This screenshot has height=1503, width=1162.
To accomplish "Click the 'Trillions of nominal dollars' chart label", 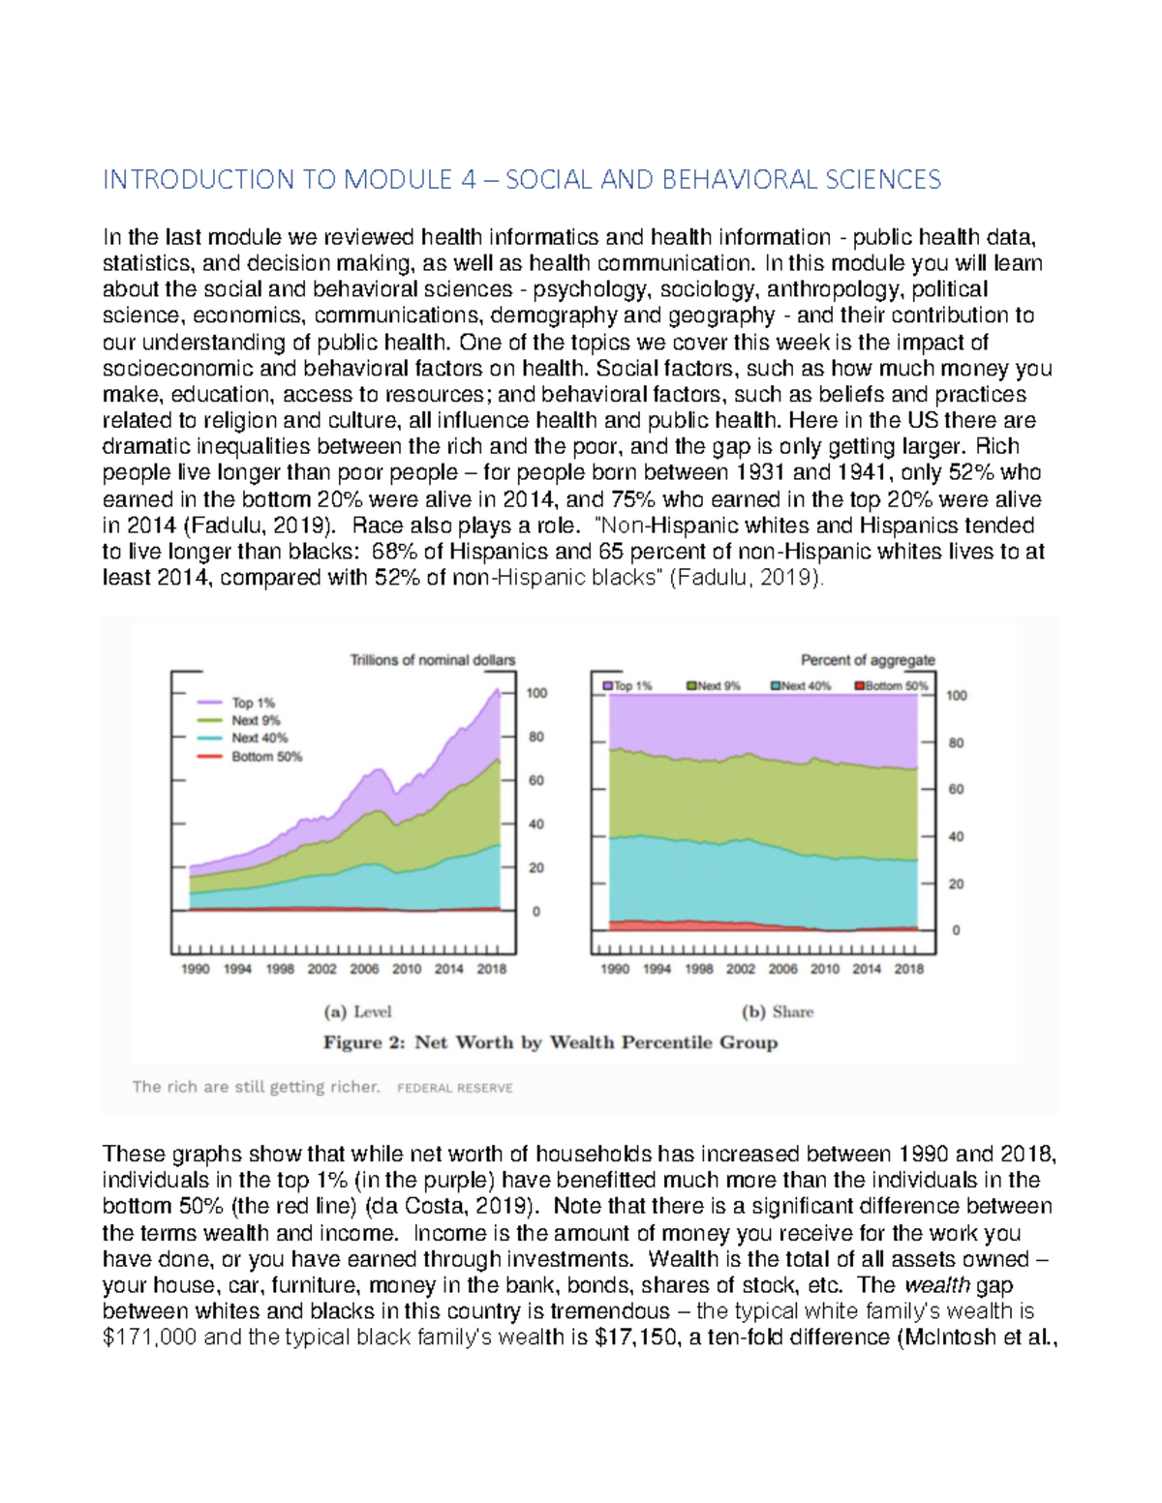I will point(432,660).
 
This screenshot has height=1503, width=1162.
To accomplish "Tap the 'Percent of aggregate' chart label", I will point(868,660).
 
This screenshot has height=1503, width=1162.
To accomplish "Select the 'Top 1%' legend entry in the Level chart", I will point(253,703).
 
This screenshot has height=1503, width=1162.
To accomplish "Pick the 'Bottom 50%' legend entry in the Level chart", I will point(266,757).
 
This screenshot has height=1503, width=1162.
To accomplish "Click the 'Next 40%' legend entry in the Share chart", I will point(801,686).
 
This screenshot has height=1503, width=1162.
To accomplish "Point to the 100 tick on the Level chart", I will point(536,693).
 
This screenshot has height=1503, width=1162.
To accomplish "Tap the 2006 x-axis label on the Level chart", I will point(364,969).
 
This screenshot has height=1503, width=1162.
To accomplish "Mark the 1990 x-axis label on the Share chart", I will point(615,969).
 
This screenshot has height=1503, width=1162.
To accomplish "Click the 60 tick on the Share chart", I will point(956,790).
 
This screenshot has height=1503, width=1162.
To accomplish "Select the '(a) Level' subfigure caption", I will point(357,1012).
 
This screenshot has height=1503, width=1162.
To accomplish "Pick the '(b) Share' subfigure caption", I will point(778,1012).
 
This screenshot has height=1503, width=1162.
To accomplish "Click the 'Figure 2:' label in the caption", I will point(365,1042).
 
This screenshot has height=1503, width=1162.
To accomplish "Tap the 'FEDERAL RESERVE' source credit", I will point(455,1088).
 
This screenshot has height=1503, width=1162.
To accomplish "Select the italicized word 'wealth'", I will point(936,1285).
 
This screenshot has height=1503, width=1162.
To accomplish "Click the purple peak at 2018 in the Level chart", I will point(499,690).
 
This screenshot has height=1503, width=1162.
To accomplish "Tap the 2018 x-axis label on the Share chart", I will point(908,969).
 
